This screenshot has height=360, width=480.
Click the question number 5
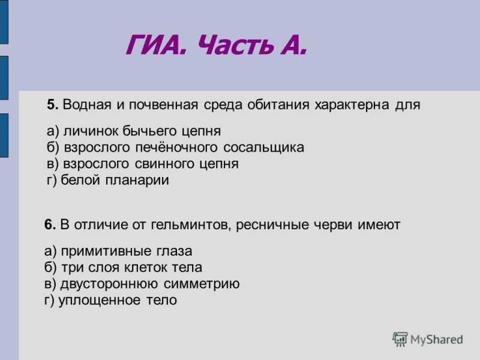[x=52, y=104]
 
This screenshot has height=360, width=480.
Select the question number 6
[x=50, y=224]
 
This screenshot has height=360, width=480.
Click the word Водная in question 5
[x=87, y=104]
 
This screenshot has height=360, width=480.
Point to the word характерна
[x=352, y=104]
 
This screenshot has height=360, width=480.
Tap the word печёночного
[x=176, y=148]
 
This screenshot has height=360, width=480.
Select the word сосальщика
[x=263, y=148]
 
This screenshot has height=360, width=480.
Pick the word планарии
[x=137, y=181]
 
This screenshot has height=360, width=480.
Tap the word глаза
[x=174, y=251]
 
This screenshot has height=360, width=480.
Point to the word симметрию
[x=202, y=284]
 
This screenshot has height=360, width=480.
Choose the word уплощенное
[x=100, y=301]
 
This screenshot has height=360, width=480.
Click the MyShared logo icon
[x=400, y=339]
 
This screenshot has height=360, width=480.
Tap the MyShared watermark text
[x=437, y=340]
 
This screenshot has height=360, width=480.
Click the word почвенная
[x=163, y=104]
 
